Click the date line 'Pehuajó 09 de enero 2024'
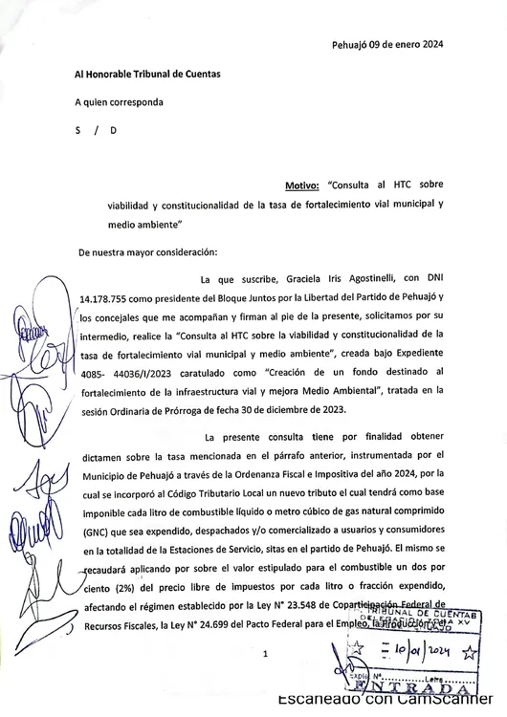pos(387,44)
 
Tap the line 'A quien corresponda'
pos(120,101)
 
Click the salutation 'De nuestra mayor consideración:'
pos(147,251)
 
